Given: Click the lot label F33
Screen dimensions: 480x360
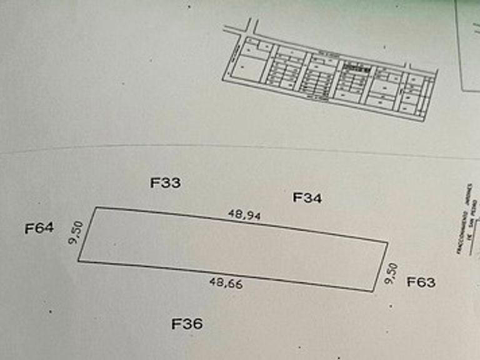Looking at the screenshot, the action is pos(166,183).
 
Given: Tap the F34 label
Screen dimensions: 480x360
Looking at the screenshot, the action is pos(307,198).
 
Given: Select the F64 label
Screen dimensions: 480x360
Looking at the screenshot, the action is pos(39,228).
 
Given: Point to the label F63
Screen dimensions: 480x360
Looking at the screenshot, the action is pos(421,282).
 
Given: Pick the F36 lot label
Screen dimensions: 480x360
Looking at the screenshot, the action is pos(187,324).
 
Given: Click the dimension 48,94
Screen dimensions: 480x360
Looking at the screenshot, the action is pos(244,214).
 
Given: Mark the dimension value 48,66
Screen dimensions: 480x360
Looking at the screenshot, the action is pos(226,283).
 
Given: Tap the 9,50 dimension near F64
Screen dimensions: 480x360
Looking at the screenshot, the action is pos(76,232).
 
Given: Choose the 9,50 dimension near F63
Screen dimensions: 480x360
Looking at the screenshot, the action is pos(392,273).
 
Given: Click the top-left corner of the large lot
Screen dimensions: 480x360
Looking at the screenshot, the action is pos(95,207).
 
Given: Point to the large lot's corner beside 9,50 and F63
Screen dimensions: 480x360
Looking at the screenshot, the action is pos(388,242).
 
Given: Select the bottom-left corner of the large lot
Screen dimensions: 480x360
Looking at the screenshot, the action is pos(78,261).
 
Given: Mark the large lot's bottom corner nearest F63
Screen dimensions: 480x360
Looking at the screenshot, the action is pos(372,291).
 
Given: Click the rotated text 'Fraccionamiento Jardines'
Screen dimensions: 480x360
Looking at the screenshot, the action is pos(467,219).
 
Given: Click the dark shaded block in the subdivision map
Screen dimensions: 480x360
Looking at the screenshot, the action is pos(354,66).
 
